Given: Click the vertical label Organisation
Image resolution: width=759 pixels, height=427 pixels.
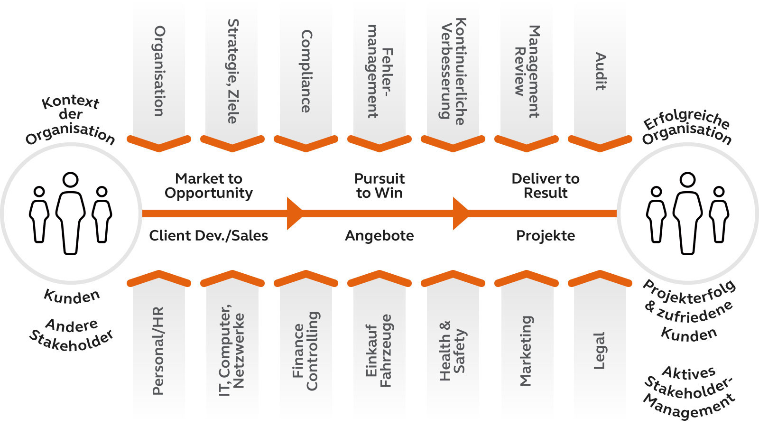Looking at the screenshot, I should tap(159, 71).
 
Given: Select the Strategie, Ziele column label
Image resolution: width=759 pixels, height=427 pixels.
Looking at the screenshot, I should tap(233, 71).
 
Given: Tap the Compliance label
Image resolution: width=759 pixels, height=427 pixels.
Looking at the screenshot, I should tap(306, 71).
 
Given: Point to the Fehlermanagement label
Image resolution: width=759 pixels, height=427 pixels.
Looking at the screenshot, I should tap(379, 71).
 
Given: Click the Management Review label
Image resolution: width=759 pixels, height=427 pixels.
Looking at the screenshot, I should tap(527, 71).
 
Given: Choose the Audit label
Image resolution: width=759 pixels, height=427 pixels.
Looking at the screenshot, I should tap(601, 71).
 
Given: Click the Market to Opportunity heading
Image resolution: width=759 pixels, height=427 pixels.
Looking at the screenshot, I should tap(209, 186).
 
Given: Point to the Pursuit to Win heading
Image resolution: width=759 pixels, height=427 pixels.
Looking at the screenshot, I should tap(379, 186).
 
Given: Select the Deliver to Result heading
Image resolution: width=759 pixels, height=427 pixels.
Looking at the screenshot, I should tap(546, 186).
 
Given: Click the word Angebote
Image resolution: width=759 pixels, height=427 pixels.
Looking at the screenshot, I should tap(379, 235).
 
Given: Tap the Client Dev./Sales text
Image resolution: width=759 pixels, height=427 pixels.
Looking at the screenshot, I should tap(209, 235).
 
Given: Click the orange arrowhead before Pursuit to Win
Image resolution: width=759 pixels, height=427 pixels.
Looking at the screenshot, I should tap(294, 213).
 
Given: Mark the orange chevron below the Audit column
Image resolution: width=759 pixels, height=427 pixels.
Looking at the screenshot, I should tap(600, 142).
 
